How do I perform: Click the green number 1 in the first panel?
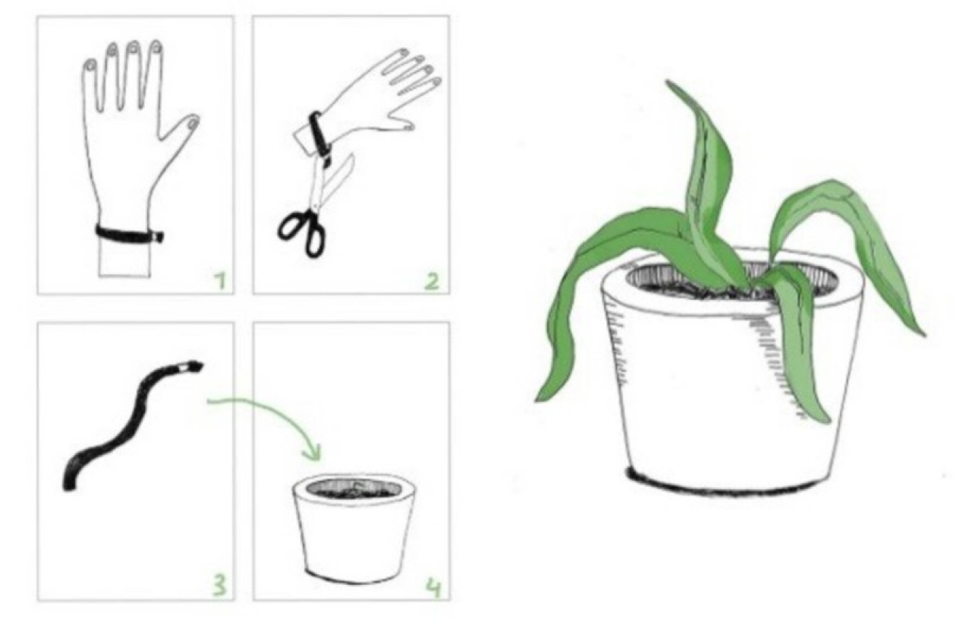point(221,282)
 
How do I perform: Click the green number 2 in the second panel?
point(432,282)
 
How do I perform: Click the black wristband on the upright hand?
point(129,235)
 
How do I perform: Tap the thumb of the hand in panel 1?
point(181,128)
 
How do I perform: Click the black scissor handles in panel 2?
point(302,234)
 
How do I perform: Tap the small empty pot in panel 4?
point(354,528)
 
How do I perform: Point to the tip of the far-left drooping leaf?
point(538,399)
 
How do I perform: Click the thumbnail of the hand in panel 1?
point(193,124)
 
